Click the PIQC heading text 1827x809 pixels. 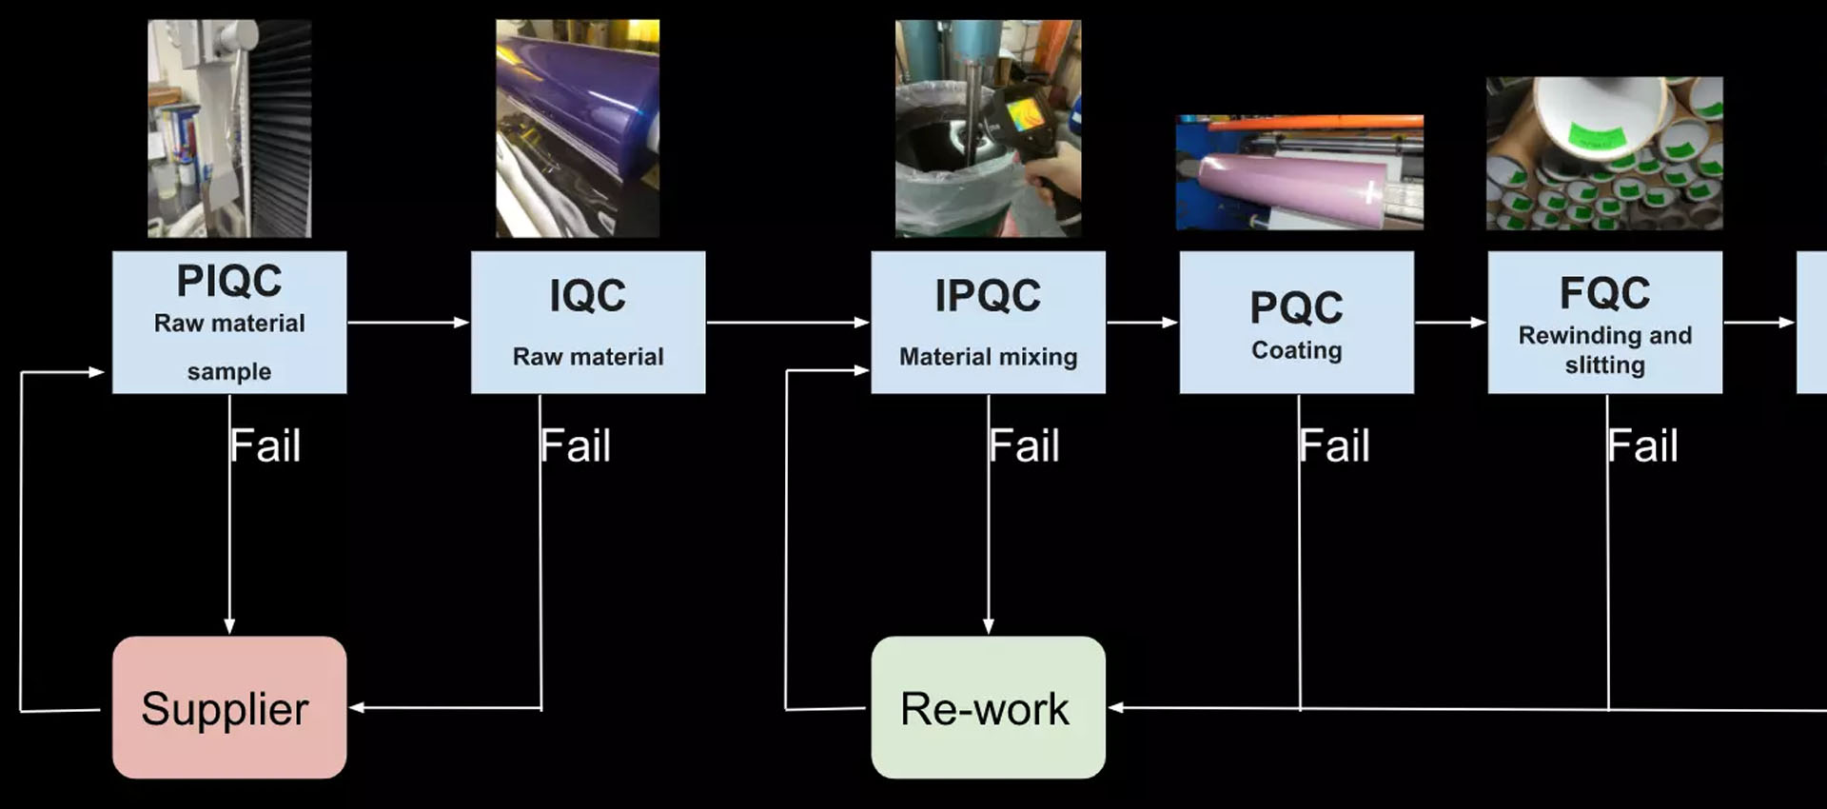(229, 281)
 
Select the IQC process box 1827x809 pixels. (588, 322)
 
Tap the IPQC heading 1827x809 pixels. (988, 295)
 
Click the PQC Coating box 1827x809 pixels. (1297, 322)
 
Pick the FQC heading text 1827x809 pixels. (1605, 293)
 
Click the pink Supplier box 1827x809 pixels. (229, 707)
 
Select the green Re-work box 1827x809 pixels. (989, 707)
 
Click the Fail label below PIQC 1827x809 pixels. (265, 445)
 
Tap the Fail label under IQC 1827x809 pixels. (576, 445)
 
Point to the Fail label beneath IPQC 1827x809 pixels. (1025, 445)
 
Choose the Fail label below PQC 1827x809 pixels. (1335, 445)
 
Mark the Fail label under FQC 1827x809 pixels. (1643, 445)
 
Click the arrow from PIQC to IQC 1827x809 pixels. (408, 323)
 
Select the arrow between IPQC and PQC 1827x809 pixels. (1143, 323)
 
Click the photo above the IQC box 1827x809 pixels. (578, 128)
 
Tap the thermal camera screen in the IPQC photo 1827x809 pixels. (1024, 114)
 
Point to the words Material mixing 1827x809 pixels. (989, 357)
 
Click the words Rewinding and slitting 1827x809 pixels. (1605, 350)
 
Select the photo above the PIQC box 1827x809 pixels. (229, 128)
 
